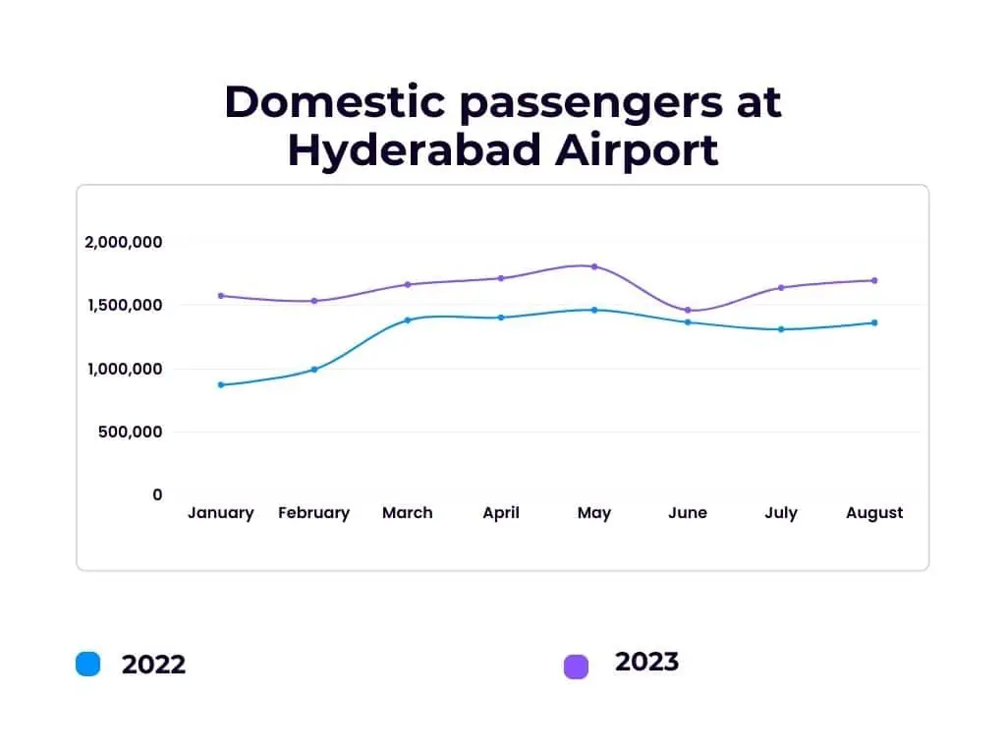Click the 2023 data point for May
[594, 266]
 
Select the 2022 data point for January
[221, 384]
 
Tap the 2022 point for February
[314, 370]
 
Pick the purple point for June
[688, 311]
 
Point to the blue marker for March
[408, 320]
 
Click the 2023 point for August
[874, 280]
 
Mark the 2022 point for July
[781, 329]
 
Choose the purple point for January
[221, 296]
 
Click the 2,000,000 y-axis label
[123, 242]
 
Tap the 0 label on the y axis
[157, 494]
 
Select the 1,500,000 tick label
[123, 305]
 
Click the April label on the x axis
[501, 513]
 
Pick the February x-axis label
[314, 513]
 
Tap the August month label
[874, 513]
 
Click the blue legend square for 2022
[88, 665]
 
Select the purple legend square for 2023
[576, 667]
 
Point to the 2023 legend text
[646, 662]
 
